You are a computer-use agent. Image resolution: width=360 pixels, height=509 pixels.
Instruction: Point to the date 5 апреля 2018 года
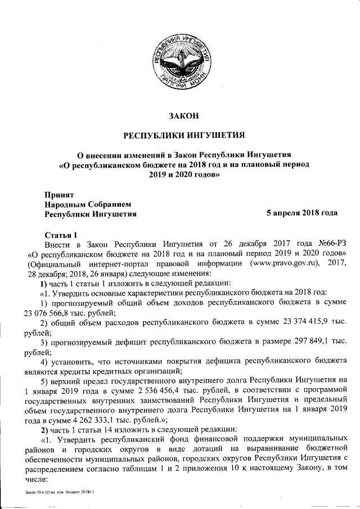[x=301, y=214]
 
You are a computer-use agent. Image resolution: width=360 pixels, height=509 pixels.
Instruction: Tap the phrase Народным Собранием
[x=87, y=204]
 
